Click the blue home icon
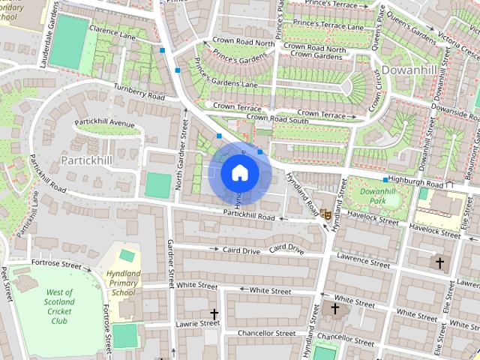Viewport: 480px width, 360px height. tap(239, 172)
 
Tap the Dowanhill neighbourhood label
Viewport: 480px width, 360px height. tap(409, 70)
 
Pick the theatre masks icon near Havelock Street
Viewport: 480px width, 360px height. tap(325, 214)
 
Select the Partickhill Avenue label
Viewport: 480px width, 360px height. tap(104, 123)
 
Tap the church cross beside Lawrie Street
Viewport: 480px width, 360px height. tap(214, 313)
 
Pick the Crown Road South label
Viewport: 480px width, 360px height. tap(277, 118)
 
